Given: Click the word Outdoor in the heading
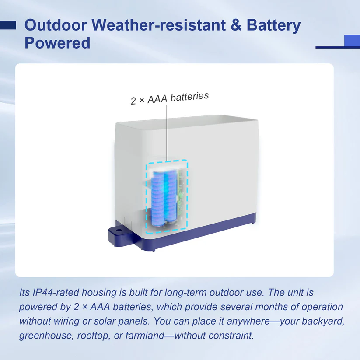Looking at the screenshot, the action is [x=56, y=25].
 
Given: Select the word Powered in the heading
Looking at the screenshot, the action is [x=57, y=43].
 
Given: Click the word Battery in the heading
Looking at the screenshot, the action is [x=273, y=26].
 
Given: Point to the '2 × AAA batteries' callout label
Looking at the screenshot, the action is [x=170, y=98].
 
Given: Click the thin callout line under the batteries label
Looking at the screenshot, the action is [x=167, y=133].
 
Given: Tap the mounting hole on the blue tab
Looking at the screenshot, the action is [x=119, y=230].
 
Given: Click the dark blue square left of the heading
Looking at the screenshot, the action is [x=8, y=25].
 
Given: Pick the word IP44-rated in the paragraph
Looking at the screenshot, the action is [x=56, y=293].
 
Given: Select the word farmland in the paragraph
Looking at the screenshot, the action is [x=145, y=335].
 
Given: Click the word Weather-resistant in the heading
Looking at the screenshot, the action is [x=159, y=25].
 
